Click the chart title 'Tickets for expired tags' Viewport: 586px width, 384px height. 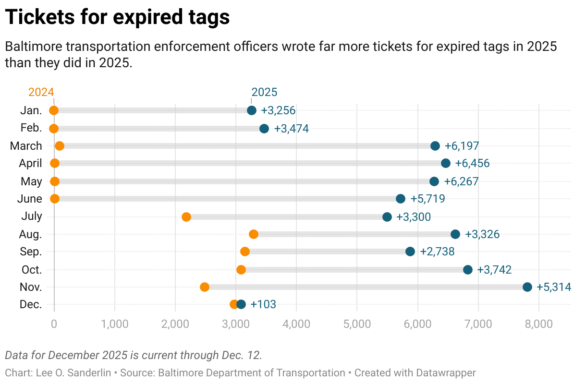coord(118,18)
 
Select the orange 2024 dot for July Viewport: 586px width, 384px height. coord(186,217)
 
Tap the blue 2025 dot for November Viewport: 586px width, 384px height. coord(527,287)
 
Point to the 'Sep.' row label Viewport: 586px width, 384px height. coord(31,252)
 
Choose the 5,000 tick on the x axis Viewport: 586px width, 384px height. coord(357,324)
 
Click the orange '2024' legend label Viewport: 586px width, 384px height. coord(41,92)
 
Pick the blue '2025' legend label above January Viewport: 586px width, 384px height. coord(264,92)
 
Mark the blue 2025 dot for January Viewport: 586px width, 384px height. coord(252,110)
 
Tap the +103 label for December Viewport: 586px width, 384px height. coord(263,304)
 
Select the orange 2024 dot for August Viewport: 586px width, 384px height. coord(254,234)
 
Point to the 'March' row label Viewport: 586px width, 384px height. coord(26,146)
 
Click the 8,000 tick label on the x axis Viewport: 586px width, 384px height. coord(538,324)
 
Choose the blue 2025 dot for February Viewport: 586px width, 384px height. coord(264,129)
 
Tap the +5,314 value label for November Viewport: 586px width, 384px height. coord(554,287)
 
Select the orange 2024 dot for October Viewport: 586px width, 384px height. coord(241,270)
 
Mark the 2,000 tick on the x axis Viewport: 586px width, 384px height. coord(175,324)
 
